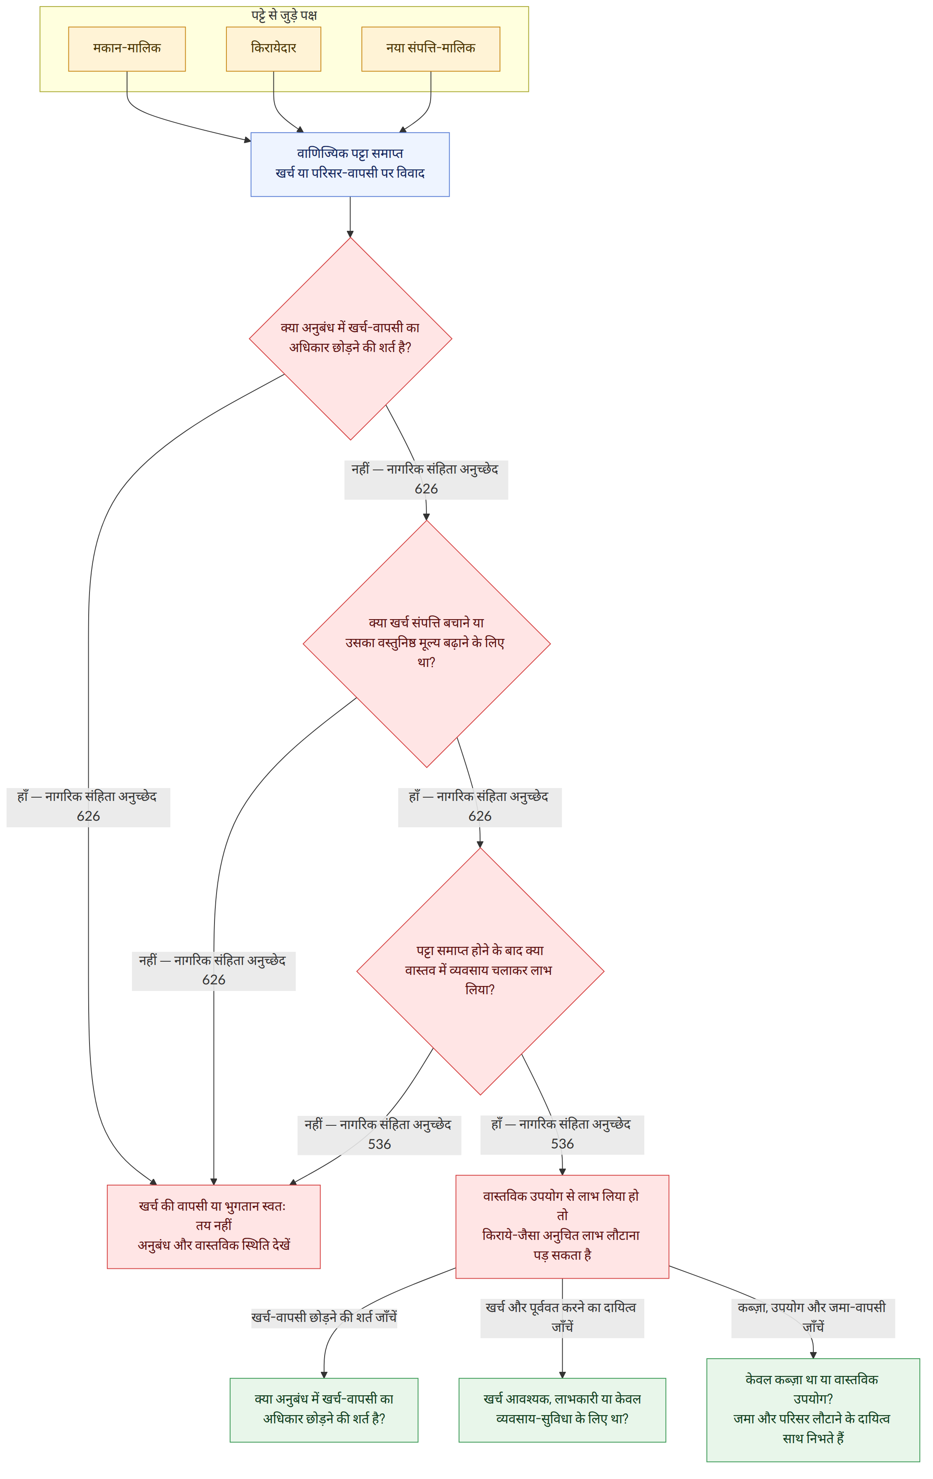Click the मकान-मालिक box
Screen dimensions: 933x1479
tap(127, 49)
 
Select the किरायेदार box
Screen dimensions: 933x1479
tap(273, 49)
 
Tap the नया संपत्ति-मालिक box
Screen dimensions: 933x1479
tap(430, 49)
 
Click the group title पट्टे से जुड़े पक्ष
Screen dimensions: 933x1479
tap(284, 15)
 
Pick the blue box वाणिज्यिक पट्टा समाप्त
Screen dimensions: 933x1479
tap(350, 164)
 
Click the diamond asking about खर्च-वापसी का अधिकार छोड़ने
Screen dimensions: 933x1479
tap(350, 338)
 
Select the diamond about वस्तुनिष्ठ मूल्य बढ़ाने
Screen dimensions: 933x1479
tap(426, 644)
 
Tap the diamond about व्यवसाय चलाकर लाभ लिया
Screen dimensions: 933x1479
tap(480, 971)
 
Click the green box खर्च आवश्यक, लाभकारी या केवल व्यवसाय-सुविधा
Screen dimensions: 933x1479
tap(562, 1410)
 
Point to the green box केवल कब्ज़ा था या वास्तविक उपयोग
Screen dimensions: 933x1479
tap(813, 1410)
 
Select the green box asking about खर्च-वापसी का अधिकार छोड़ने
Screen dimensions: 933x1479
tap(324, 1410)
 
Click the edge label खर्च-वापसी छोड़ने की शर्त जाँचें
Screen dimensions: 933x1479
tap(324, 1317)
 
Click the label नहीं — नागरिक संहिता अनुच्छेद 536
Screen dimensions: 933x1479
tap(379, 1134)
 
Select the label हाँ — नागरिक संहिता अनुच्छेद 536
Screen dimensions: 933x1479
tap(562, 1134)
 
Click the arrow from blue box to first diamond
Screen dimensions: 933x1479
tap(350, 217)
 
